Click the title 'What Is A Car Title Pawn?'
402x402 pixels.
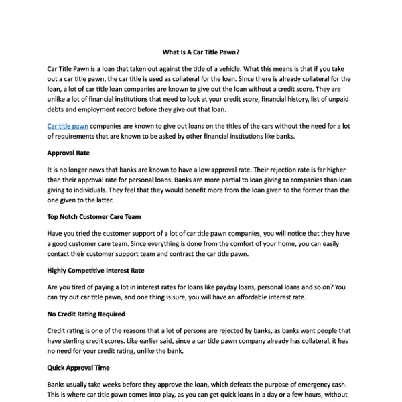click(x=201, y=52)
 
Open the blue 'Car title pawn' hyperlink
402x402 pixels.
click(x=68, y=125)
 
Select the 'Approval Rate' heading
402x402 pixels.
click(x=68, y=153)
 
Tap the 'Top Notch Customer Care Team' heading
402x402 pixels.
click(x=94, y=217)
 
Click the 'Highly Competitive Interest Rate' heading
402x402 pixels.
click(x=95, y=271)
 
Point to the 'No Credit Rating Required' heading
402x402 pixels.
click(x=86, y=314)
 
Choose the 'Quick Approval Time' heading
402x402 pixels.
click(x=78, y=368)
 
